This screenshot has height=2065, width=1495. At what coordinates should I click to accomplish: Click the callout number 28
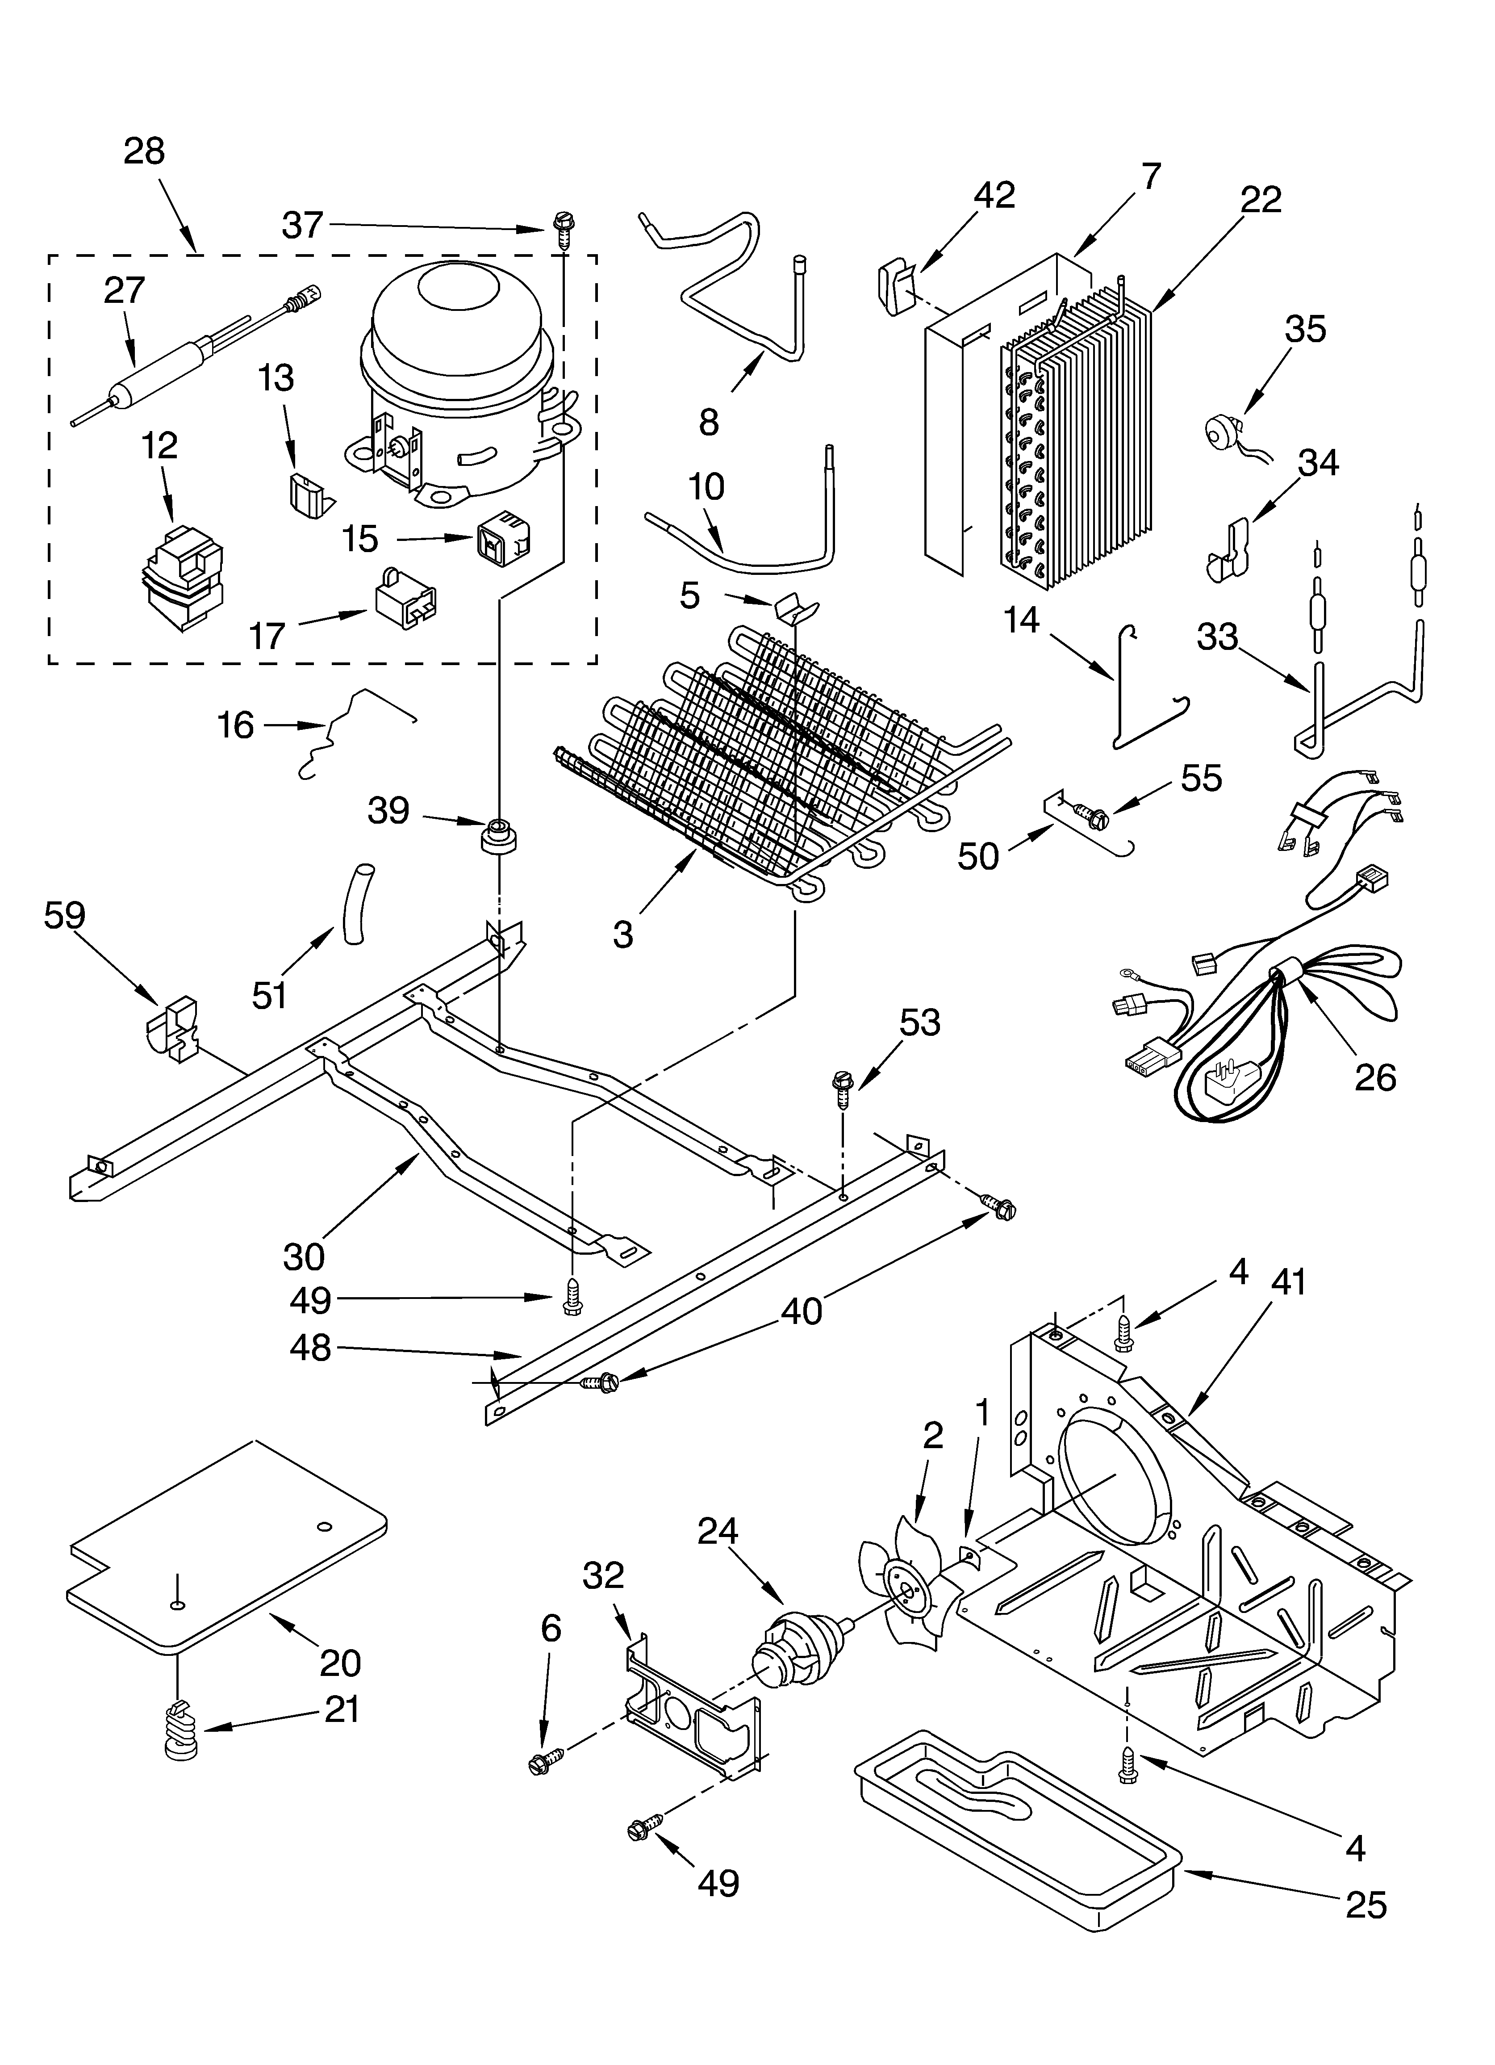144,151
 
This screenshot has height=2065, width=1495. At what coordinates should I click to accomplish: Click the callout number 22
1260,199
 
